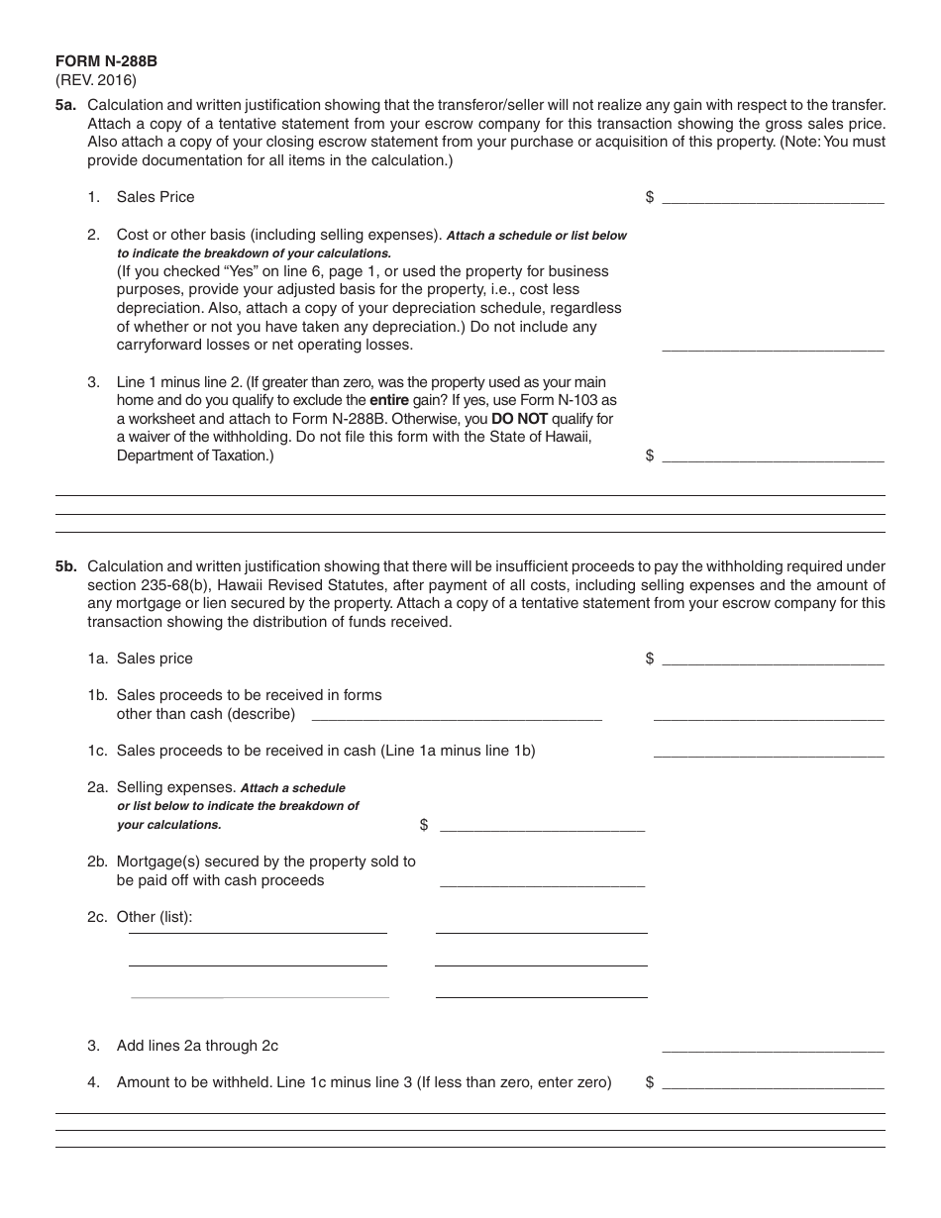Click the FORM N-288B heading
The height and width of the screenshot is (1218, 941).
coord(106,61)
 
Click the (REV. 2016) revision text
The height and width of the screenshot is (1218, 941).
coord(96,80)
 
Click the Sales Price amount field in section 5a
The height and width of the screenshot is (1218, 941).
coord(773,196)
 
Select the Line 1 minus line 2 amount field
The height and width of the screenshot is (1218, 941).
coord(773,455)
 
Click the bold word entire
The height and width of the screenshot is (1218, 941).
coord(388,400)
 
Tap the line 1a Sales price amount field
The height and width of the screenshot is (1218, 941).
coord(773,659)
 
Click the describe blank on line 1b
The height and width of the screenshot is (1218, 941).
coord(457,714)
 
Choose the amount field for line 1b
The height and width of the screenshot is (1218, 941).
coord(769,714)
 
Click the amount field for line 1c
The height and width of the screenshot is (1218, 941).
coord(769,751)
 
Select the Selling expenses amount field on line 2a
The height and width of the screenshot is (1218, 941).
coord(542,824)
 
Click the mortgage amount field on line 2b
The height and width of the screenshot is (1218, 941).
coord(542,879)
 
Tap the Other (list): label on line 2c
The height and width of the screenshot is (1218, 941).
coord(155,917)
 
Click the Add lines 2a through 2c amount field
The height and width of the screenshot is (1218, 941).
coord(773,1045)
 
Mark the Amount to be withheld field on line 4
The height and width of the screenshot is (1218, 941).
coord(773,1082)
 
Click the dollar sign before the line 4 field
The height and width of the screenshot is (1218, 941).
coord(650,1082)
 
